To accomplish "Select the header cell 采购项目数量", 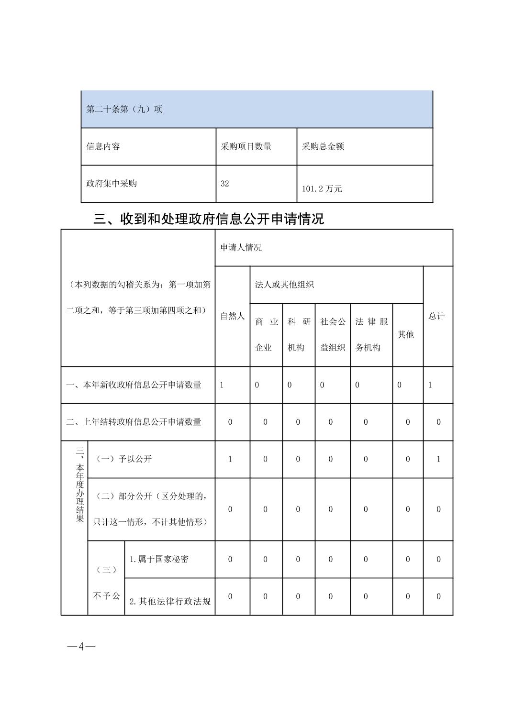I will pos(246,146).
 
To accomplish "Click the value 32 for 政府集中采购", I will pos(224,184).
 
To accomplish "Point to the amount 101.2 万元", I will pos(322,188).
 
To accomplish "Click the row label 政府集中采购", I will pos(112,184).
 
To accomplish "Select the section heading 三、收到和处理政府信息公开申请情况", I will pos(209,219).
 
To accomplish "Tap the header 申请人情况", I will pos(241,248).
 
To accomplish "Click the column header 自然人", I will pos(232,316).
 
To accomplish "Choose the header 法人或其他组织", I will pos(284,285).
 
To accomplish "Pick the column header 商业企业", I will pos(266,335).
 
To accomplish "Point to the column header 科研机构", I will pos(299,335).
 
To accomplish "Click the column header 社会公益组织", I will pos(333,335).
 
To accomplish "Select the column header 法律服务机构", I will pos(371,335).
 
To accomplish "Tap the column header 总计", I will pos(436,316).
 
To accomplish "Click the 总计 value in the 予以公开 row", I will pos(438,459).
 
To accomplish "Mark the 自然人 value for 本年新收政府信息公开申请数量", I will pos(222,385).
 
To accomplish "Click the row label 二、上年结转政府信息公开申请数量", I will pos(134,422).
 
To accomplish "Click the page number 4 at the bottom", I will pos(81,647).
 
